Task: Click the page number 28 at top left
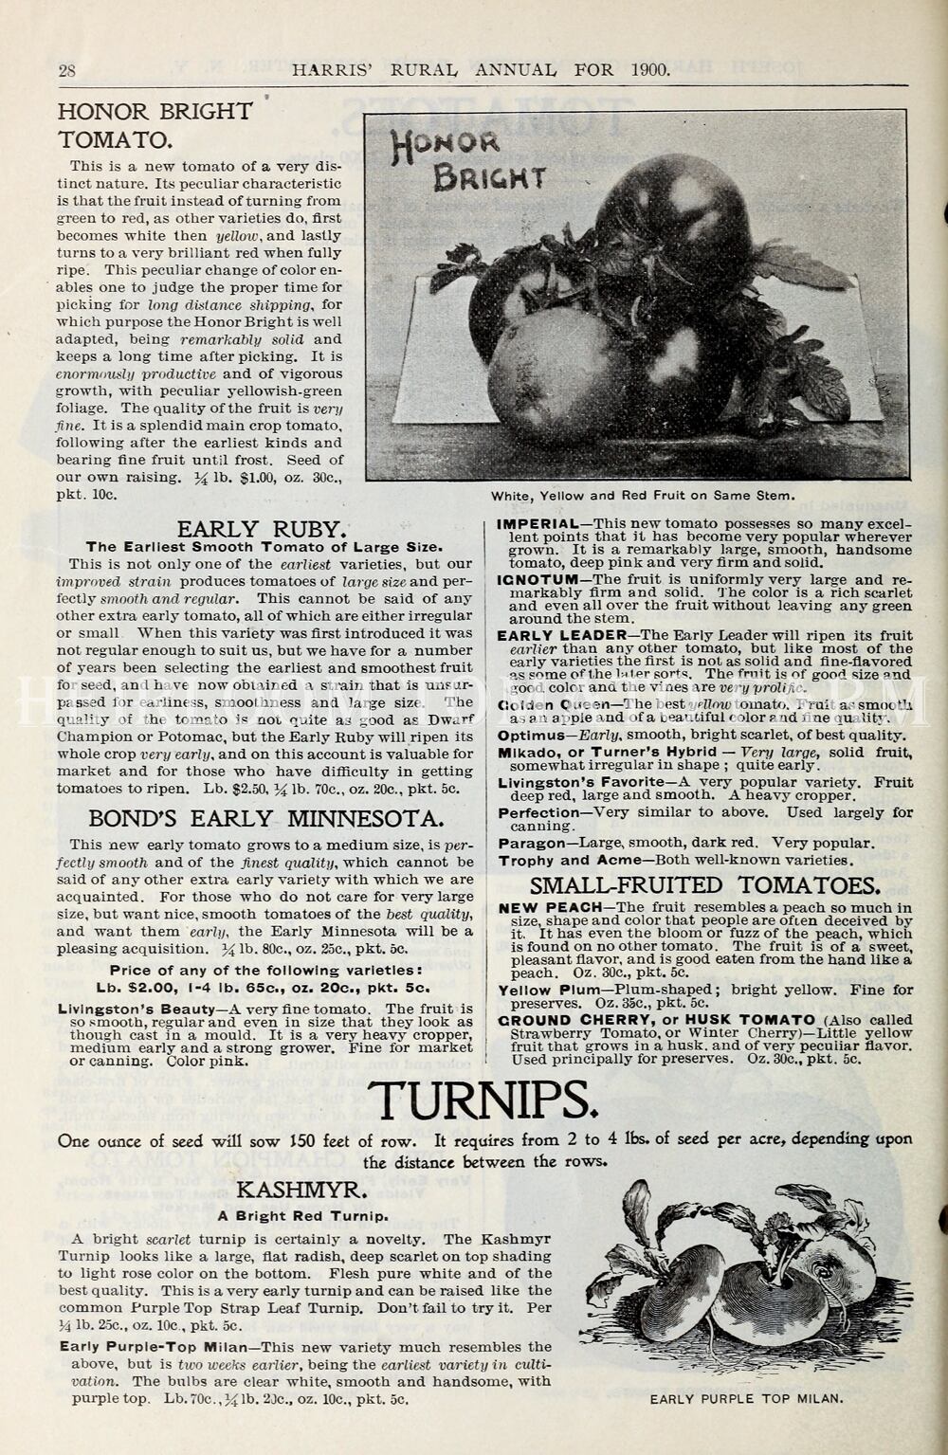pyautogui.click(x=67, y=70)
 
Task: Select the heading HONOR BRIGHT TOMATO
pyautogui.click(x=155, y=125)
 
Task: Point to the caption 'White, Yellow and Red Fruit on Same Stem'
pyautogui.click(x=642, y=496)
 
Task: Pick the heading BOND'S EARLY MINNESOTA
pyautogui.click(x=264, y=818)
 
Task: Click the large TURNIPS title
pyautogui.click(x=483, y=1100)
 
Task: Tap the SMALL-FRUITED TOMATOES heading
pyautogui.click(x=705, y=886)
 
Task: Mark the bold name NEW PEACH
pyautogui.click(x=550, y=907)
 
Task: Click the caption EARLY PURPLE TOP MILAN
pyautogui.click(x=746, y=1398)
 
